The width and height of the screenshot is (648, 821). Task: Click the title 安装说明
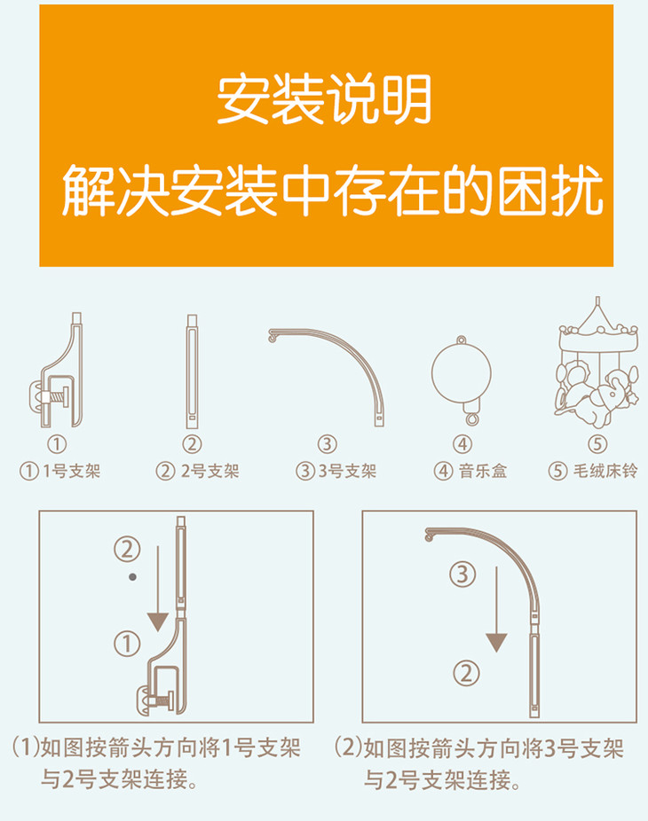coord(324,99)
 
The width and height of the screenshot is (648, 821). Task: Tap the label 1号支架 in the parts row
coord(71,472)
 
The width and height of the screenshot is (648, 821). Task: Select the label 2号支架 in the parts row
coord(209,472)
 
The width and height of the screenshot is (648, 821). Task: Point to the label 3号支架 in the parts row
coord(347,472)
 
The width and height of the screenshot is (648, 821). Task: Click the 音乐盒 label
coord(483,472)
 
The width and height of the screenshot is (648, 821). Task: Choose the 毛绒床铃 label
coord(605,472)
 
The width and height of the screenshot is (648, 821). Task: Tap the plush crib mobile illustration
coord(597,363)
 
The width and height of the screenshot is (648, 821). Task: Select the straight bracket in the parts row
coord(192,371)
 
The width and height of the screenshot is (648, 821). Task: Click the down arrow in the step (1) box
coord(158,589)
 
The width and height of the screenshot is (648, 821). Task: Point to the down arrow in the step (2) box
coord(496,609)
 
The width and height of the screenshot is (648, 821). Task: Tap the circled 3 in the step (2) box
coord(462,575)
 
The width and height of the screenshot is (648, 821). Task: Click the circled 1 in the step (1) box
coord(128,644)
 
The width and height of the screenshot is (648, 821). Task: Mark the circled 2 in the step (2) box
coord(466,673)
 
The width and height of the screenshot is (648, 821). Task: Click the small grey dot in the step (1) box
coord(132,577)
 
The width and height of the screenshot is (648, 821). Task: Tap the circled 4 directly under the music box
coord(462,444)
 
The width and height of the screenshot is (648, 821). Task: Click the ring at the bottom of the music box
coord(472,419)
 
